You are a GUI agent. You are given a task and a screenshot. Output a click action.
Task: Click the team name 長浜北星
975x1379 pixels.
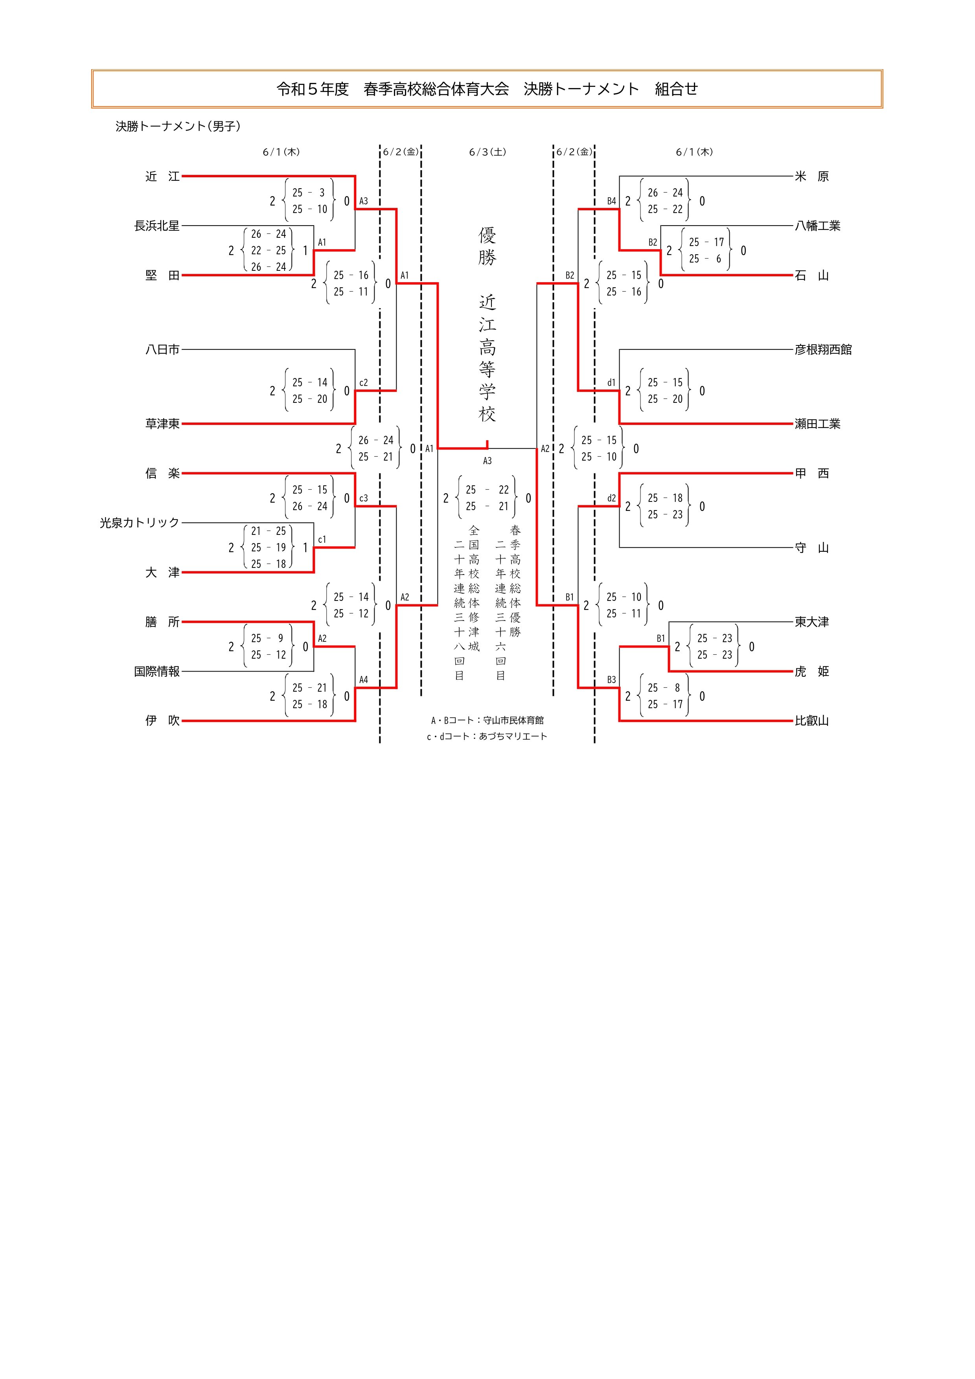pos(157,226)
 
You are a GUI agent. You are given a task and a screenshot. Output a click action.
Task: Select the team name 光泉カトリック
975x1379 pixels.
pos(140,523)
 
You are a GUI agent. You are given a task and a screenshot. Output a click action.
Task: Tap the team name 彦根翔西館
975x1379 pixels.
pos(823,349)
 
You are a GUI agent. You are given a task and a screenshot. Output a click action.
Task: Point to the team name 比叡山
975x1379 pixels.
pos(811,721)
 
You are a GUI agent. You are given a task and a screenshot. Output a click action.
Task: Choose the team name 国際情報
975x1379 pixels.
pos(157,672)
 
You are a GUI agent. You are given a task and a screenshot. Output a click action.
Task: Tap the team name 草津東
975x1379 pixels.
pos(162,424)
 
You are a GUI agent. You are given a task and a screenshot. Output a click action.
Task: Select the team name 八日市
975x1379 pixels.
pos(162,349)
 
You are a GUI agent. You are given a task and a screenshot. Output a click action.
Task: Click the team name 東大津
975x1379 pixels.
pos(811,622)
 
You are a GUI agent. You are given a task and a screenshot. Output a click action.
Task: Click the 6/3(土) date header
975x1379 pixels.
pos(487,152)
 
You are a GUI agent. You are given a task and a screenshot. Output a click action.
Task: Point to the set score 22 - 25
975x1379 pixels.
pos(268,250)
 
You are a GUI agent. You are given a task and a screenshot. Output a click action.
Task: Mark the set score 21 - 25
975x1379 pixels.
pos(268,531)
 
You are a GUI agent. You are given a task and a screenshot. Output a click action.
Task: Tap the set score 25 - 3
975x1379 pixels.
pos(309,193)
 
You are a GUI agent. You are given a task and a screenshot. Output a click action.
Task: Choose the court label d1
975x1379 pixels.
pos(611,383)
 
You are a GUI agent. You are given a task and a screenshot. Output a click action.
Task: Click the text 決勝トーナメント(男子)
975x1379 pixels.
pos(178,127)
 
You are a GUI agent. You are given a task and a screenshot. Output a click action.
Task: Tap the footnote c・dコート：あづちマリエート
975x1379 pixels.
pos(487,736)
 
